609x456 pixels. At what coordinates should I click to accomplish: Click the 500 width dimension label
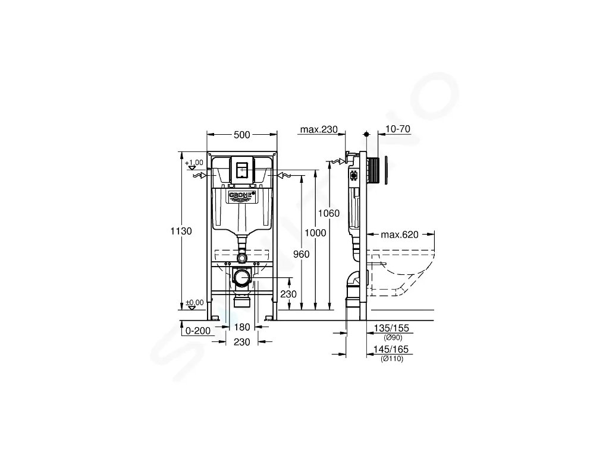tap(241, 135)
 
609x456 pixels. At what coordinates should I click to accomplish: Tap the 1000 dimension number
tap(316, 233)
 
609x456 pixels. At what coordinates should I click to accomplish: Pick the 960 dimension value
tap(302, 255)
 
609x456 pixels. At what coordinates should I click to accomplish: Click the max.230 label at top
tap(319, 129)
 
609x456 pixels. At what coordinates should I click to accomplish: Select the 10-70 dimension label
tap(398, 129)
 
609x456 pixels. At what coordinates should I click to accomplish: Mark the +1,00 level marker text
tap(194, 162)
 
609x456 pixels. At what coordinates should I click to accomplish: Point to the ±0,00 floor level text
tap(194, 302)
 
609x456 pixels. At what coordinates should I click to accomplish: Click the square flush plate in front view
tap(241, 169)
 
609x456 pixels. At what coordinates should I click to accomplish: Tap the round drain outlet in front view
tap(241, 277)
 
